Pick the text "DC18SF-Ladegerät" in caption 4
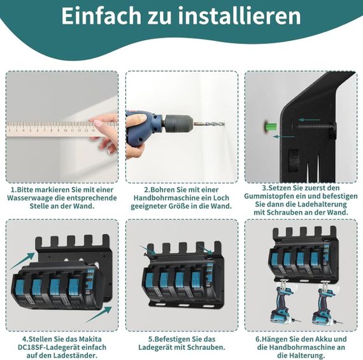point(45,347)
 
